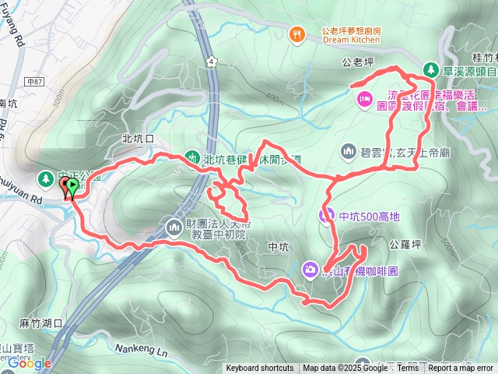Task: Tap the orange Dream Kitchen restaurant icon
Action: [296, 34]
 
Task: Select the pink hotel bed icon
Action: [363, 99]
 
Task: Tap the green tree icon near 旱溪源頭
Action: [430, 69]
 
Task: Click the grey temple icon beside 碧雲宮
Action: [348, 150]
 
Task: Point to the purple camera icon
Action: [310, 270]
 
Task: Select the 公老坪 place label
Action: [357, 58]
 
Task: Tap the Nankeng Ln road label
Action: [140, 350]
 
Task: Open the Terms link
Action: [407, 369]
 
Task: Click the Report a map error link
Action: [461, 369]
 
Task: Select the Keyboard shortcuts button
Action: [260, 369]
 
